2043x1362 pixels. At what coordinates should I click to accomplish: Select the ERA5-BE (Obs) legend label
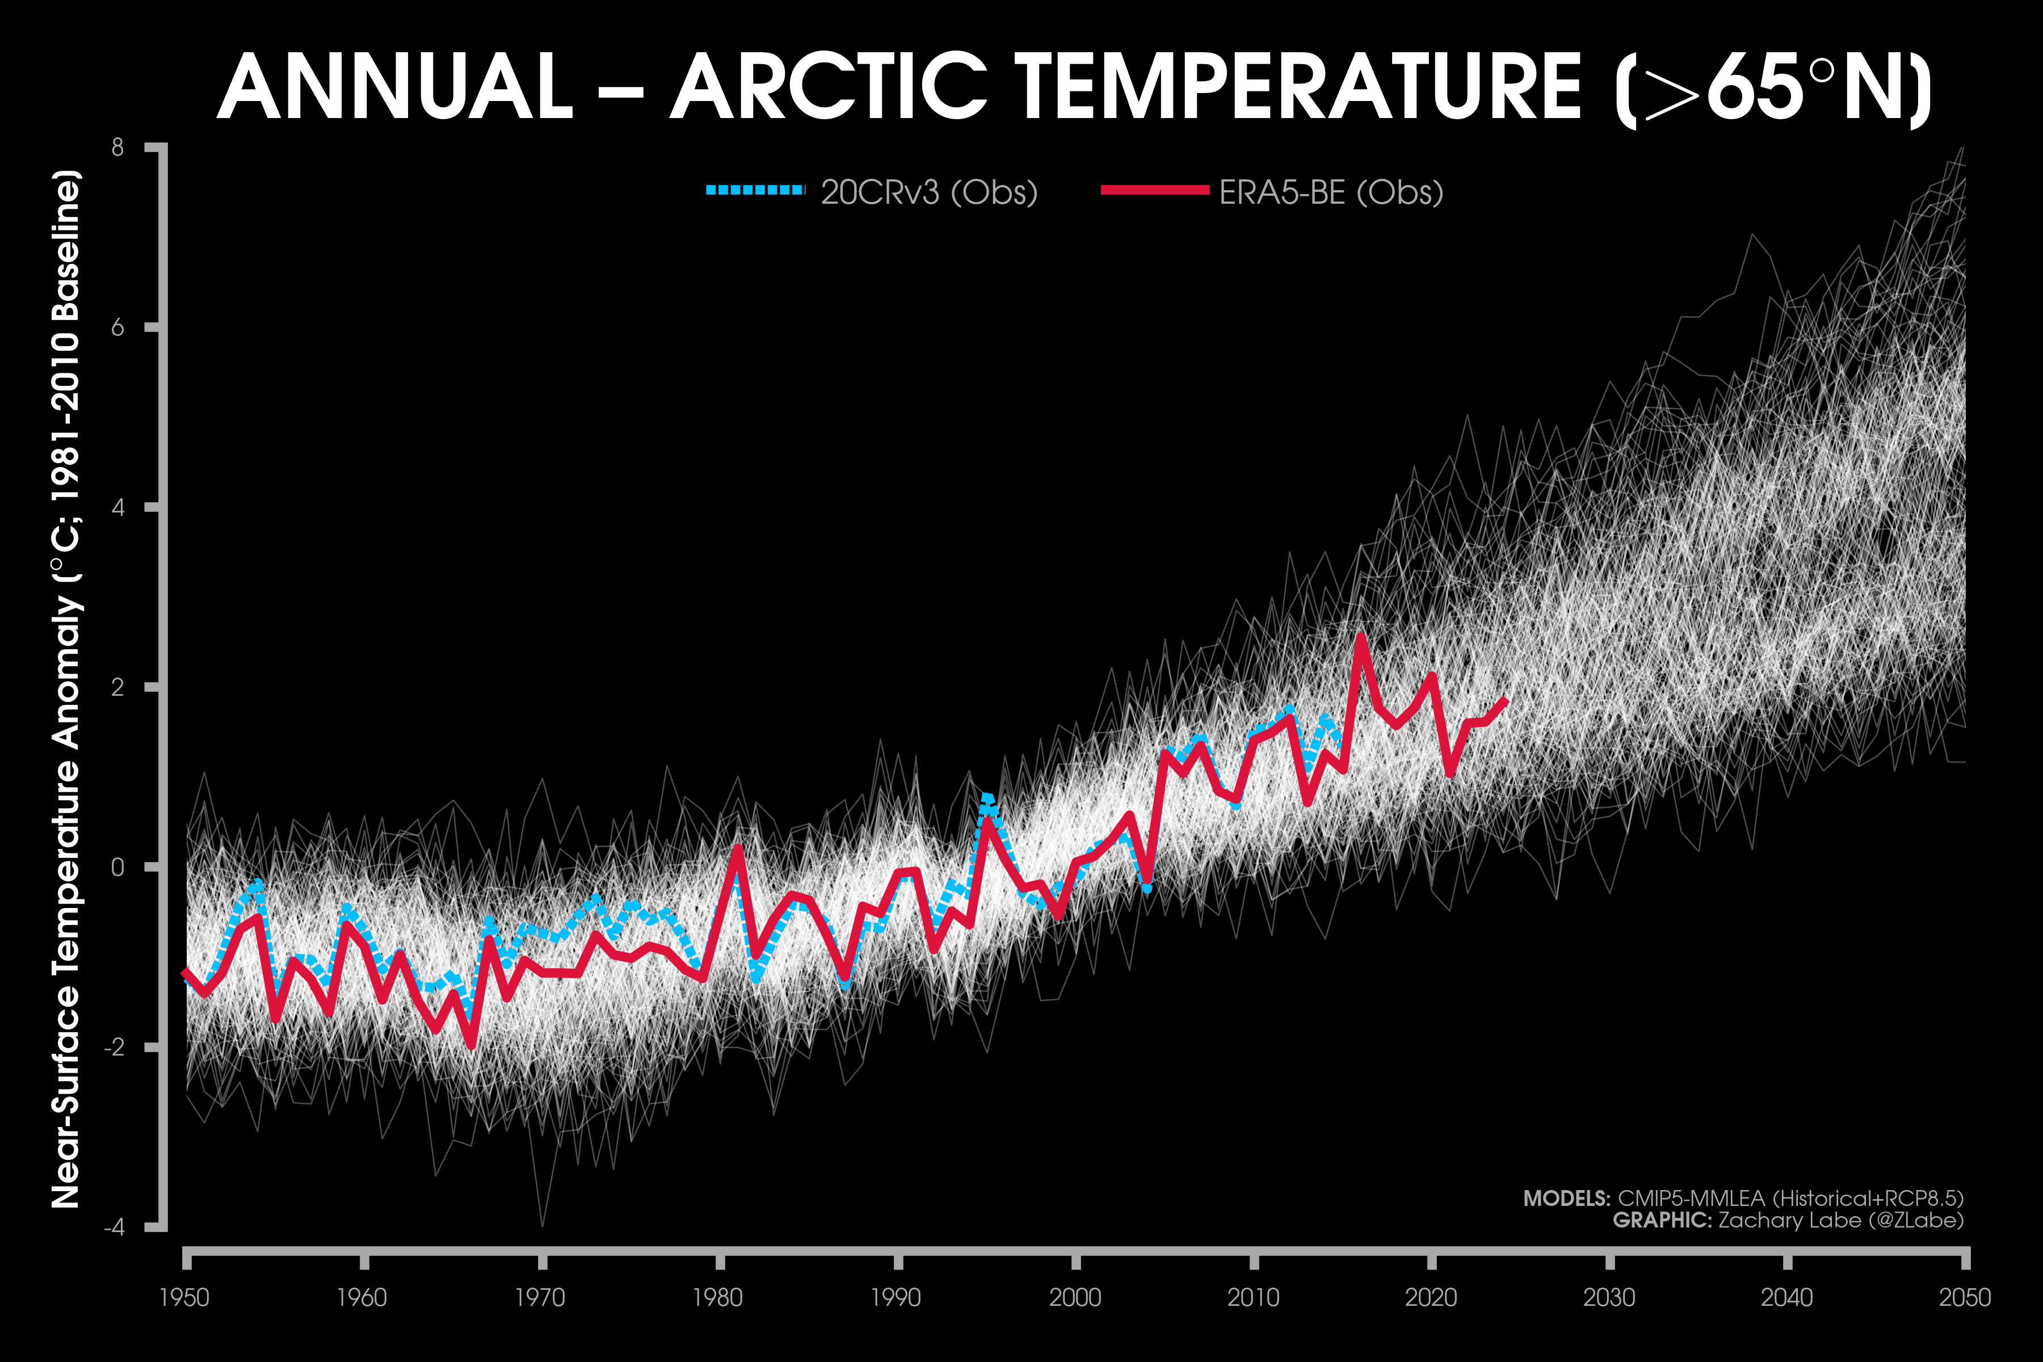1331,192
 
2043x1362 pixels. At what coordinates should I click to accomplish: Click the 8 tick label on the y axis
117,148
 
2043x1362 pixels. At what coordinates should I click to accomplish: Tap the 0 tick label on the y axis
117,867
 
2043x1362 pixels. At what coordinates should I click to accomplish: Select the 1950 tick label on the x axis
184,1298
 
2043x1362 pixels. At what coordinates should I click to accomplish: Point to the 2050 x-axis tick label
1965,1298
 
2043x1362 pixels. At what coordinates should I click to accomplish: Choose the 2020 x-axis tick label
1431,1298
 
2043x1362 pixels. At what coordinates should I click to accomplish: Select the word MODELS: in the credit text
1566,1199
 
